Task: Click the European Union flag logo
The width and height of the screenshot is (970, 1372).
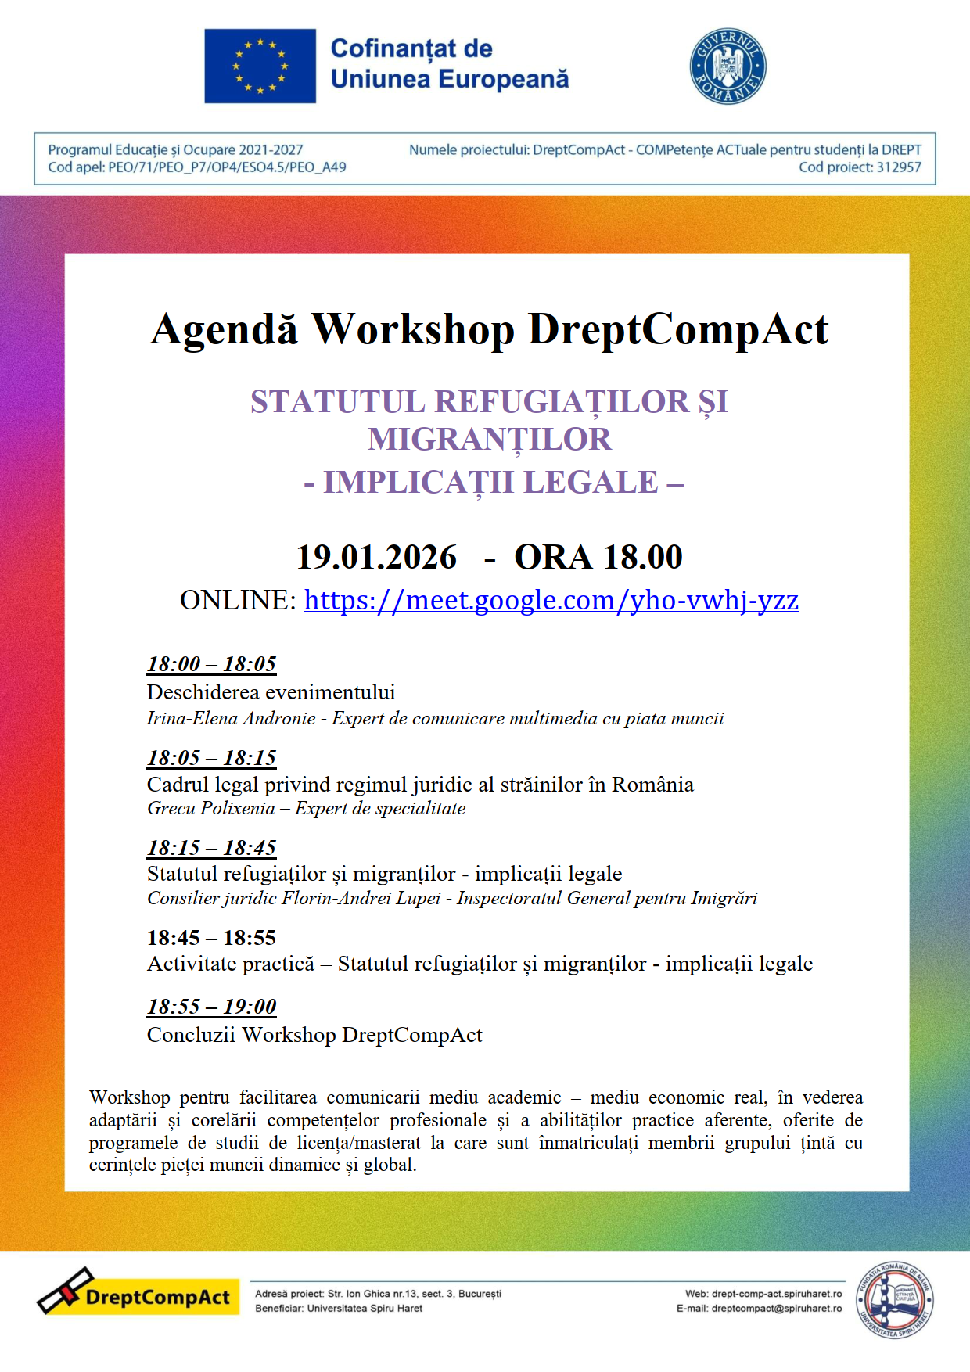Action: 260,66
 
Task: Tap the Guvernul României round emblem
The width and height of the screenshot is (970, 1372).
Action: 727,66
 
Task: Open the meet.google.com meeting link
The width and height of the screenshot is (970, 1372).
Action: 551,600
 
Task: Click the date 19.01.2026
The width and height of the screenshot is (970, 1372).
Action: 376,557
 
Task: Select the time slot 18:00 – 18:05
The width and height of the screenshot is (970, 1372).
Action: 211,664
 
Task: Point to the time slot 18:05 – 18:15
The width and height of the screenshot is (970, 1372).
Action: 211,758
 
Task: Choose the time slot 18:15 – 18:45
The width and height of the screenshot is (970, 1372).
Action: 211,848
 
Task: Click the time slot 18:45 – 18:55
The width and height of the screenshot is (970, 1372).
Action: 211,938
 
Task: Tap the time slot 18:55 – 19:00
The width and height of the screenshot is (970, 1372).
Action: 211,1007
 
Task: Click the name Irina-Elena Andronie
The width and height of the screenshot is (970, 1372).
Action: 231,718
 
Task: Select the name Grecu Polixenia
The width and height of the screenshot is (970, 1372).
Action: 210,808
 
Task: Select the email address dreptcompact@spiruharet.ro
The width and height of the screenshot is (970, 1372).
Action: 776,1308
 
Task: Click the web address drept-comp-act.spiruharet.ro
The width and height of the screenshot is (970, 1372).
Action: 777,1294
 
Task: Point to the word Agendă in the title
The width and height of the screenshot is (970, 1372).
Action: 225,329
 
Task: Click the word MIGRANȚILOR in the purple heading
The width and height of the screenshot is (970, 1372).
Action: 490,440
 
